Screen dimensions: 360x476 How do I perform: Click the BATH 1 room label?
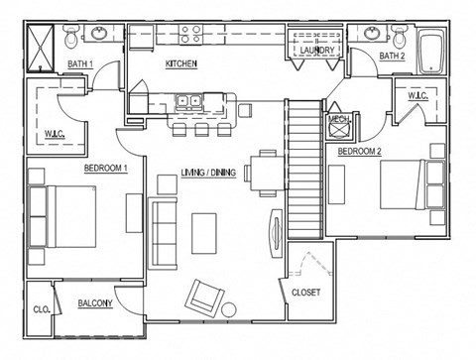80,64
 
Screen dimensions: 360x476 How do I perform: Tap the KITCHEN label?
181,64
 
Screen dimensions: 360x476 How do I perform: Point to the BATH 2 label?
393,57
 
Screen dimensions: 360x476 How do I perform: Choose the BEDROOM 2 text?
360,152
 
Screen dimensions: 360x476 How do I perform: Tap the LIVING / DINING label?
209,172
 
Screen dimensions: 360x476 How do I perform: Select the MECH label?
339,119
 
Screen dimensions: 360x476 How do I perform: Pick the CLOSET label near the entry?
305,293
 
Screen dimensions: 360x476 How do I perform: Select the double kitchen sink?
188,100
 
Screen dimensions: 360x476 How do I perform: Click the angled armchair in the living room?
206,296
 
